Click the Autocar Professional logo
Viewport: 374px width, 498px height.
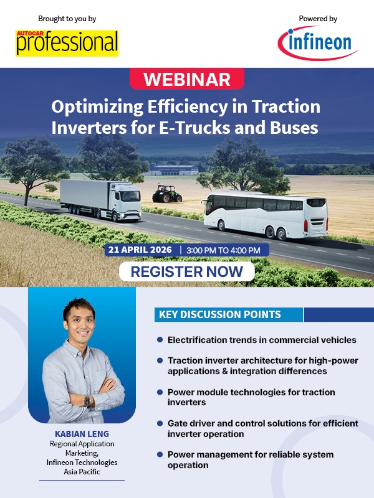click(67, 42)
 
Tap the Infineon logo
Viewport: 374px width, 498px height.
click(318, 43)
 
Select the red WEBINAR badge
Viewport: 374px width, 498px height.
click(187, 80)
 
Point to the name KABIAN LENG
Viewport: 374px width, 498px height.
click(81, 433)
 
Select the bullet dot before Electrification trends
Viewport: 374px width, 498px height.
click(160, 340)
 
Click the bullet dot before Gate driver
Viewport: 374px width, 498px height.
click(160, 423)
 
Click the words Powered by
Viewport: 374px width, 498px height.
click(319, 19)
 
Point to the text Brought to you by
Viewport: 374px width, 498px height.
click(67, 19)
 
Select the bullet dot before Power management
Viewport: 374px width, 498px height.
click(160, 454)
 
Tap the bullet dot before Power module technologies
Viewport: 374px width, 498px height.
click(160, 392)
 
